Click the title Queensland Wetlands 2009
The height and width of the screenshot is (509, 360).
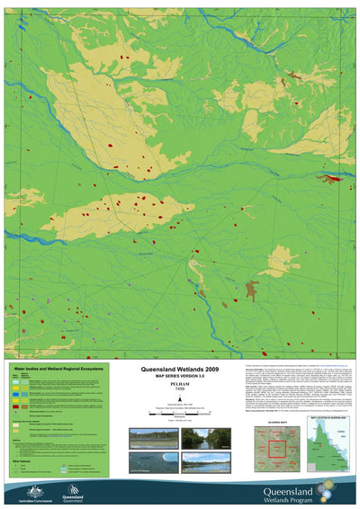click(x=179, y=369)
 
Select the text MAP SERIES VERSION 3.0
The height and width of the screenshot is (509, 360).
click(x=179, y=376)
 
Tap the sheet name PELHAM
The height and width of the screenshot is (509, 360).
click(x=179, y=385)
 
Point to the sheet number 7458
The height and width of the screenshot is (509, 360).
click(x=179, y=391)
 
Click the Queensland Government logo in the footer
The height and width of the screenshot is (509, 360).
click(x=74, y=491)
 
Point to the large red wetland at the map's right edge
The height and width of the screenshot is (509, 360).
click(x=337, y=178)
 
